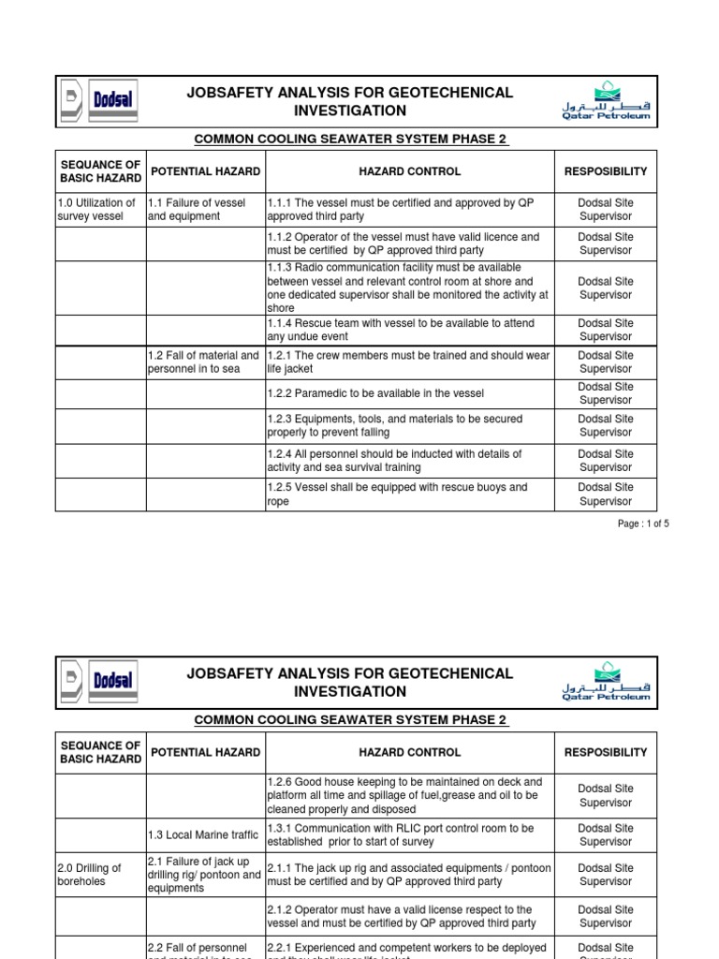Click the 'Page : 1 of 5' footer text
pos(643,524)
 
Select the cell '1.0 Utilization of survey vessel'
pos(98,209)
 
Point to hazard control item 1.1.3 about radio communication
pos(408,288)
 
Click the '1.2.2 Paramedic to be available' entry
pos(375,393)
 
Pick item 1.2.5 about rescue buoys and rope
pos(397,494)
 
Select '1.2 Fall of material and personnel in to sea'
pos(204,361)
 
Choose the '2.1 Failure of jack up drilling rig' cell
pos(204,875)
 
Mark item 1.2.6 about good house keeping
pos(404,795)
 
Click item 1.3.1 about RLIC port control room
pos(401,834)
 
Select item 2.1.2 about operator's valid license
pos(401,916)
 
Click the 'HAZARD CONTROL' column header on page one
pos(410,171)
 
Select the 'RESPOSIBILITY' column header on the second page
pos(606,752)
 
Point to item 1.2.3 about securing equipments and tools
pos(395,425)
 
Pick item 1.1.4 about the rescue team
pos(401,330)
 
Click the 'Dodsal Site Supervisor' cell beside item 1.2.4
pos(606,460)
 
